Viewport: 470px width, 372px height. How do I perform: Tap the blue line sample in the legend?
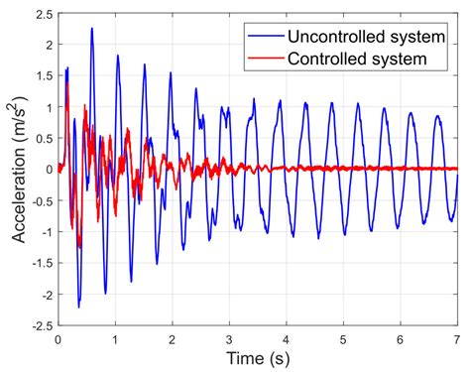click(x=266, y=37)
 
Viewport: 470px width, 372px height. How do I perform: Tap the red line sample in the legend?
click(x=266, y=58)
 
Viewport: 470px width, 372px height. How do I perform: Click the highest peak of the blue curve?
click(x=91, y=28)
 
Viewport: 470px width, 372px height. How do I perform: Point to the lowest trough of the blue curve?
click(x=78, y=307)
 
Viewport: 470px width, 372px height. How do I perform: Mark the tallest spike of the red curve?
click(x=66, y=83)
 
